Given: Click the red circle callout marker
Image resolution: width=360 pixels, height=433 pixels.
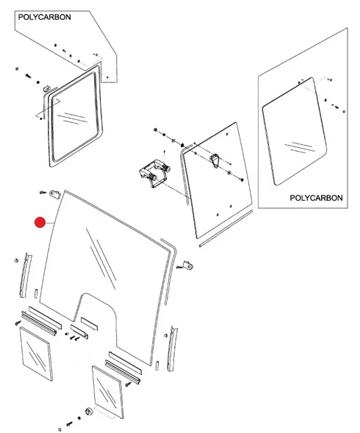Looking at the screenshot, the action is pos(40,222).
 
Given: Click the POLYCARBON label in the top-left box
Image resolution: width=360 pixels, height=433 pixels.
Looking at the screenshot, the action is pos(44,17).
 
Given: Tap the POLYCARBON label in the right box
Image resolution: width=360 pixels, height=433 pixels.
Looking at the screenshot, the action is pos(316,198).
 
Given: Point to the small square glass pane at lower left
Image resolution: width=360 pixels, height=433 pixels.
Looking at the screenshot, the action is pos(37,354).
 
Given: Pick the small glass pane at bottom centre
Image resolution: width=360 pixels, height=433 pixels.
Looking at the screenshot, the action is pos(108,392).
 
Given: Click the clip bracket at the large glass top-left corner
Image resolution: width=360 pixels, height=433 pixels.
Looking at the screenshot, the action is pos(55,194).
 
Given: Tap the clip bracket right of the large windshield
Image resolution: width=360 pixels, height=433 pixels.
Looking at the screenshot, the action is pos(188,265).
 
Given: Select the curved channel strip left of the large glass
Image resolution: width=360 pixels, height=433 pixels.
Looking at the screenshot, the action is pos(26,275).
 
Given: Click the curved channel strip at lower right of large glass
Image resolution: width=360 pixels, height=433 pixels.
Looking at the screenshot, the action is pos(173,348).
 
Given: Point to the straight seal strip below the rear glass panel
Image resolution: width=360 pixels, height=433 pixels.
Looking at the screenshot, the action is pos(226,229).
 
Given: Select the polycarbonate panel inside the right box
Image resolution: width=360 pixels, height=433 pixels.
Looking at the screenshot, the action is pos(295,132).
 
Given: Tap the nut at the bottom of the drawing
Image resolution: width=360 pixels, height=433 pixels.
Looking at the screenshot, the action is pos(89,411).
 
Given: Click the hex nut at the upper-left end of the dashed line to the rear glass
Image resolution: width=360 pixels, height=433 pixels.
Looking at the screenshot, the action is pos(156,129).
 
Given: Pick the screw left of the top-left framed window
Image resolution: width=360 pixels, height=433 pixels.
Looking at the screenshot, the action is pos(28,75).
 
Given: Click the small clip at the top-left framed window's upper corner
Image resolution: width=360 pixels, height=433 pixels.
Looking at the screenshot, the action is pos(47,89).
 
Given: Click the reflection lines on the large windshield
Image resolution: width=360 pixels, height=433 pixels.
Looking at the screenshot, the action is pos(101,258).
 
